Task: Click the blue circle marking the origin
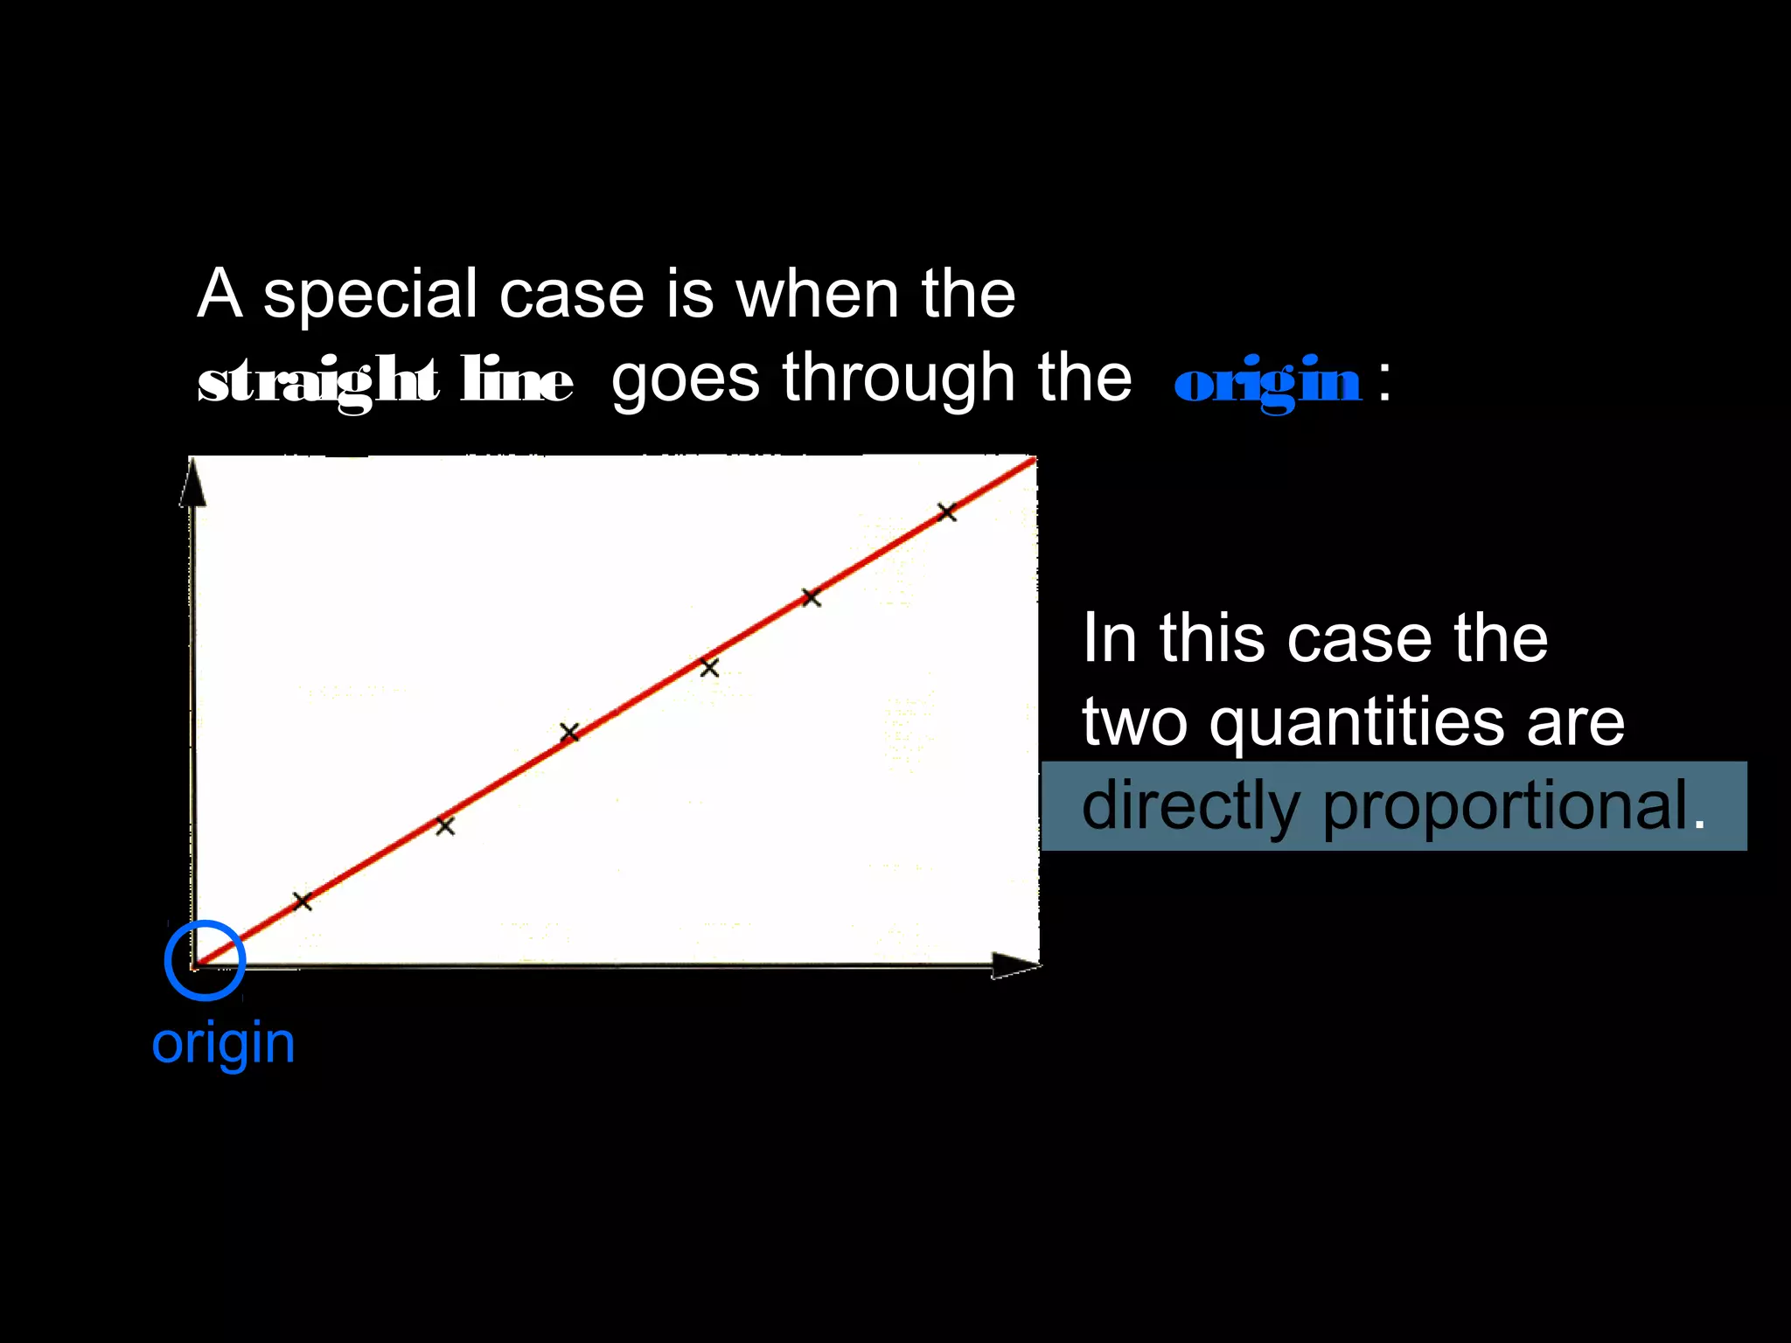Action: (205, 960)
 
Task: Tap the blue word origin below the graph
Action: (223, 1043)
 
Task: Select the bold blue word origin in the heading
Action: (1267, 381)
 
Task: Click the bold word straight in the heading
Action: (317, 381)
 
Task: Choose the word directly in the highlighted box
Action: (1190, 805)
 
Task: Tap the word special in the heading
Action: (371, 294)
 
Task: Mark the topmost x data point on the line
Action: (946, 512)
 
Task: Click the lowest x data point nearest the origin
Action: (302, 901)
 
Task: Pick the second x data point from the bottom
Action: (445, 825)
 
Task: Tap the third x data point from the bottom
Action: (569, 732)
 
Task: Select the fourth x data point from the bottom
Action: (709, 668)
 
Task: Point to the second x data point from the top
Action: (811, 598)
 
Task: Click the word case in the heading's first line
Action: (571, 294)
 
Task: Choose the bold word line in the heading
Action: (517, 381)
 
